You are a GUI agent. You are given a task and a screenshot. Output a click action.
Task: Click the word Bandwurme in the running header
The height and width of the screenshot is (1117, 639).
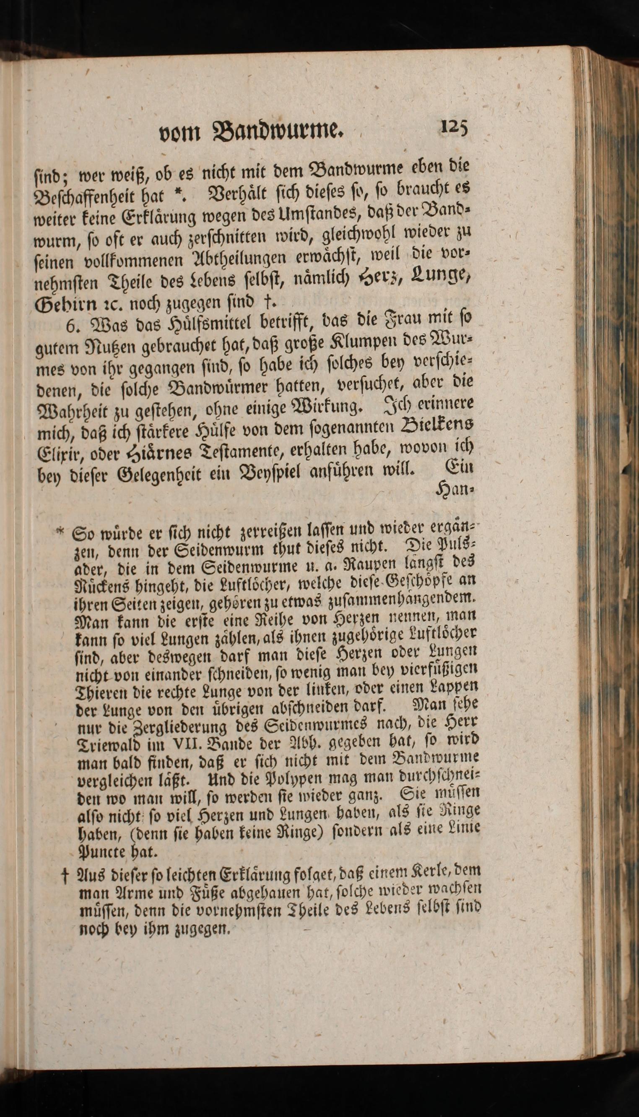tap(276, 130)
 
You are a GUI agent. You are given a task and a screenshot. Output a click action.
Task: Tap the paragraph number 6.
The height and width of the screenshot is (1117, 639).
tap(71, 325)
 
